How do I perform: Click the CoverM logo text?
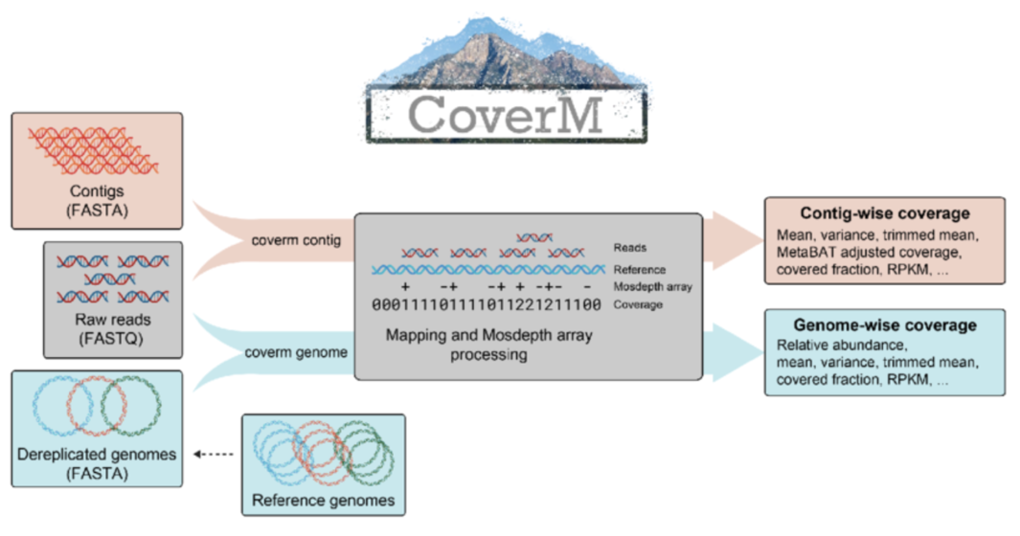(x=506, y=114)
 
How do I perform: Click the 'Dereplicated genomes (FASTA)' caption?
(x=96, y=463)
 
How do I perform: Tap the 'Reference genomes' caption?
(x=323, y=500)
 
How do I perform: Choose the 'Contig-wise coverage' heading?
(x=885, y=213)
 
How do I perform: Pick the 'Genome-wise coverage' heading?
(x=885, y=325)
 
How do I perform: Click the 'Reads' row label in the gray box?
(x=630, y=248)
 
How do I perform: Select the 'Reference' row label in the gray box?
(x=640, y=270)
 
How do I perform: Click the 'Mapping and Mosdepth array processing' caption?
(x=485, y=346)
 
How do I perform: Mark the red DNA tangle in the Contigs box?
(x=94, y=148)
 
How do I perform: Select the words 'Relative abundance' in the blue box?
(x=840, y=345)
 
